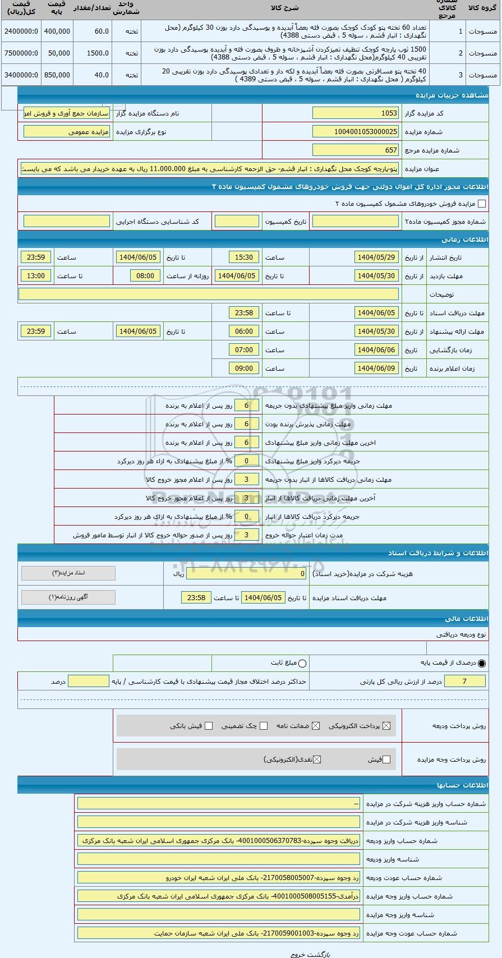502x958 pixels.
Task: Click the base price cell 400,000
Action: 57,31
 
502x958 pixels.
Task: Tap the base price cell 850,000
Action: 57,75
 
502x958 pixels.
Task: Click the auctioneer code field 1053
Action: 355,113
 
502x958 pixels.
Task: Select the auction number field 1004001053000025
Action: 355,132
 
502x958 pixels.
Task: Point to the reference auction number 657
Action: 355,150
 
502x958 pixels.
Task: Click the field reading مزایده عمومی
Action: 67,132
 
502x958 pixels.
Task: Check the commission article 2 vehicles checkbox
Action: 481,204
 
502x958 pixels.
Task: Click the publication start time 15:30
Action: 243,257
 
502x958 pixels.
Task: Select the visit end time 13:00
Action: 35,276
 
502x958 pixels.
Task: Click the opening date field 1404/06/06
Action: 376,350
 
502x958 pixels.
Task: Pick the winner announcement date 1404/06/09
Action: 376,369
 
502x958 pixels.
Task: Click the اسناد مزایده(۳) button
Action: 68,573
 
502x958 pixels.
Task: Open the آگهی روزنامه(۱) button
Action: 68,597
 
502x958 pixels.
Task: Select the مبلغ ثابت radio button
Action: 303,664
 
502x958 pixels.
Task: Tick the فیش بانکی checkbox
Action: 209,726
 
